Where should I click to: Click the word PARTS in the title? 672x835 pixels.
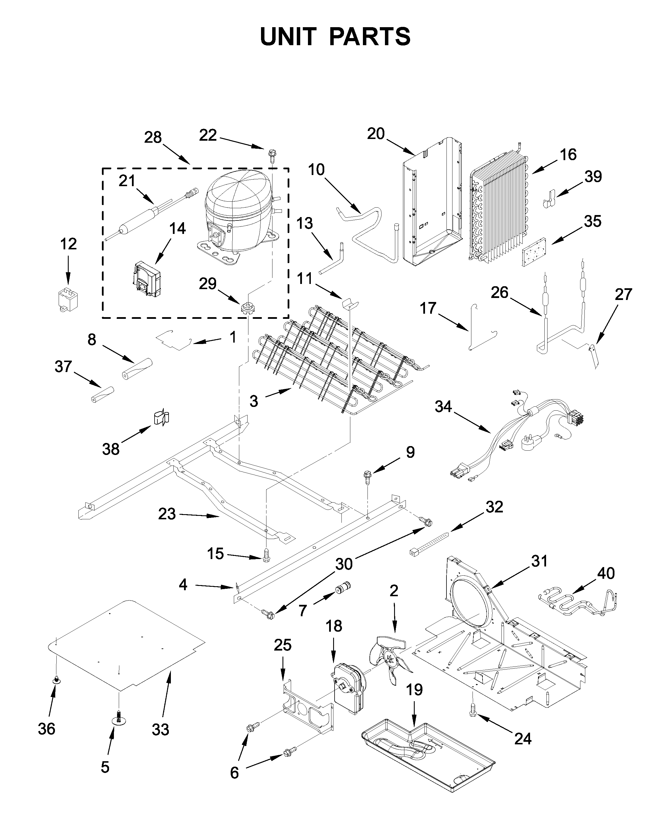pos(370,37)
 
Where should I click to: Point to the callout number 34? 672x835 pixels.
pos(443,406)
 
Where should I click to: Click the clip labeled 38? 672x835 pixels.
pos(162,417)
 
